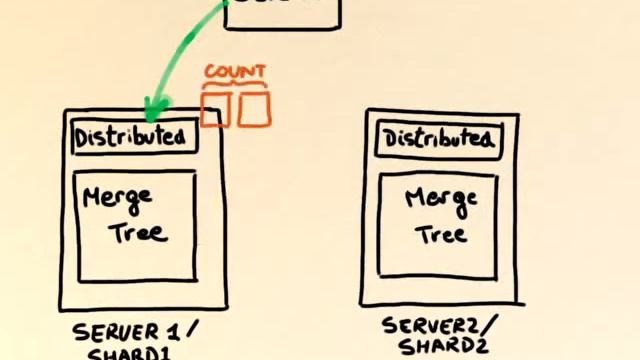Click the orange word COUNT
pyautogui.click(x=235, y=72)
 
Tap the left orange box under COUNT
pyautogui.click(x=215, y=108)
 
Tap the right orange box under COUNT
pyautogui.click(x=254, y=108)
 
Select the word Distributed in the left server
pyautogui.click(x=130, y=136)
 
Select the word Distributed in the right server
pyautogui.click(x=439, y=140)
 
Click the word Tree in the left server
pyautogui.click(x=138, y=234)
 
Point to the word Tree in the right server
pyautogui.click(x=441, y=235)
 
